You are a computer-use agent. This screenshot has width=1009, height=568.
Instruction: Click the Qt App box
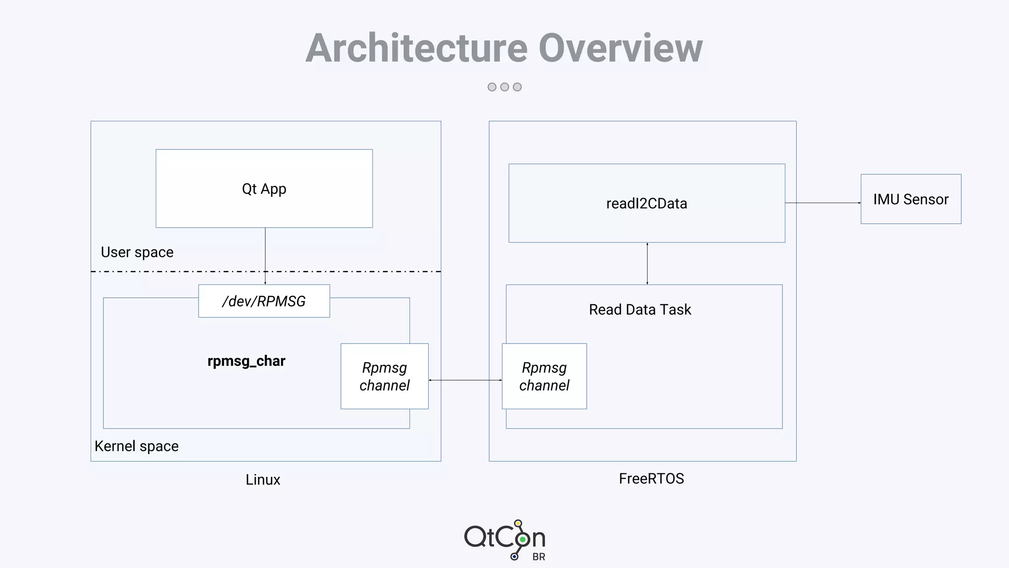[x=264, y=188]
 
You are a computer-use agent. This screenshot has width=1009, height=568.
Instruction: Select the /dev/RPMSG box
[x=264, y=301]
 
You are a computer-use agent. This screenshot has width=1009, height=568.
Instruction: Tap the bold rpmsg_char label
[x=246, y=361]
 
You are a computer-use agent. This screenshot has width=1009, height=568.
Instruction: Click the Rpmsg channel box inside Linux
[x=384, y=376]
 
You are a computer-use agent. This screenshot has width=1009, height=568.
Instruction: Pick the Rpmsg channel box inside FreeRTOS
[x=544, y=376]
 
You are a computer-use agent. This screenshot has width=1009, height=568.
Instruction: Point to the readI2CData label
[x=646, y=203]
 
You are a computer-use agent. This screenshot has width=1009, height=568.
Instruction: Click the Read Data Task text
[x=640, y=310]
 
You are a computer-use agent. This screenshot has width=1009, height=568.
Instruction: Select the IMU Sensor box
[x=910, y=199]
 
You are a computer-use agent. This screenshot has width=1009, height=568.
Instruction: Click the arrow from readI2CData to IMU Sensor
[x=823, y=203]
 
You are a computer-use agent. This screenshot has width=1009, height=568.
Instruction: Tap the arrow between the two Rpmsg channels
[x=465, y=380]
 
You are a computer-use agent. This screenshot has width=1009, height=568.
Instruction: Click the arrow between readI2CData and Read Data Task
[x=647, y=264]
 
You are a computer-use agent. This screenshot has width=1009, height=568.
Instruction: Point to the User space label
[x=137, y=252]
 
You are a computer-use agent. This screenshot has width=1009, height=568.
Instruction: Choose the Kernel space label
[x=136, y=446]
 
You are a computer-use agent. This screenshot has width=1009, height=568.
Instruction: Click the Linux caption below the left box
[x=263, y=479]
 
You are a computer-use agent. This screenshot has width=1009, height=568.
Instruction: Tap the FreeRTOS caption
[x=651, y=478]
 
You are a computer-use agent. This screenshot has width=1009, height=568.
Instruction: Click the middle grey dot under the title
[x=504, y=87]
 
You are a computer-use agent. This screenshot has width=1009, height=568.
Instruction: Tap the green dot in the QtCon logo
[x=522, y=539]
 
